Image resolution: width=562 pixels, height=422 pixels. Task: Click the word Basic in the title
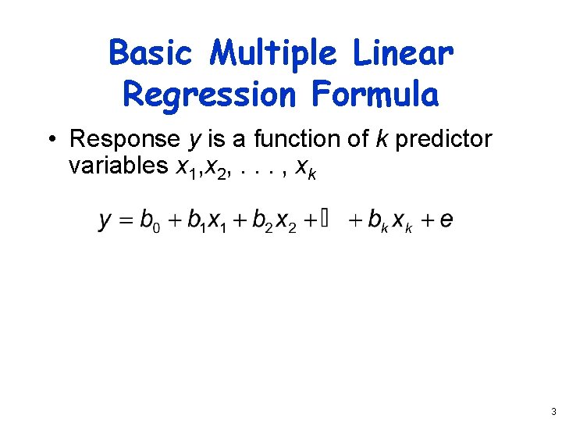click(x=150, y=54)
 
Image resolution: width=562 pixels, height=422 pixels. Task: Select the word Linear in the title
click(x=403, y=54)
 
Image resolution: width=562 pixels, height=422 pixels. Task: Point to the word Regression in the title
click(x=210, y=95)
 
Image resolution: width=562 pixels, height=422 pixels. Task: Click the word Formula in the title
click(x=375, y=95)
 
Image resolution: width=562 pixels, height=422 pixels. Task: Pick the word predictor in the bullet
click(x=443, y=139)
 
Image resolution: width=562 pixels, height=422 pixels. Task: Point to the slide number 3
click(x=553, y=412)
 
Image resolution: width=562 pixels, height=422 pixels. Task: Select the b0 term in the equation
click(x=149, y=220)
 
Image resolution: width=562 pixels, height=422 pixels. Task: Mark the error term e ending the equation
click(x=446, y=220)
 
